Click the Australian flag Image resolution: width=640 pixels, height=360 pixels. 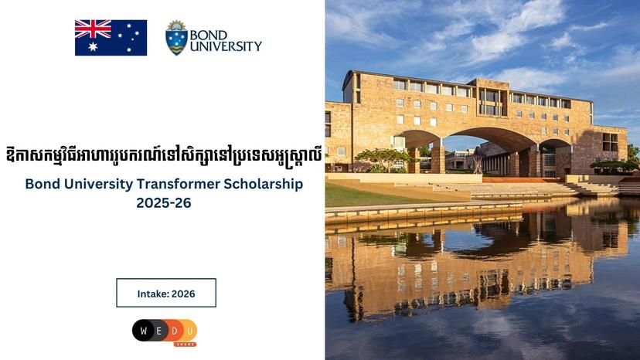(111, 38)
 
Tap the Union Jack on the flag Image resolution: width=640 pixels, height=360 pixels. (93, 29)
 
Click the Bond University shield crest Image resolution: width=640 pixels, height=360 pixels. (176, 38)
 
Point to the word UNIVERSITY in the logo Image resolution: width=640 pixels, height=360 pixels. (226, 46)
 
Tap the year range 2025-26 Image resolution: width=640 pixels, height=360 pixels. (163, 203)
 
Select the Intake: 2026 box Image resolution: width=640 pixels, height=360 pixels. (166, 293)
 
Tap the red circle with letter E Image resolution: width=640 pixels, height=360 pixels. (159, 331)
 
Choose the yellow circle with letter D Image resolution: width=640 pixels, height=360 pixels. (175, 331)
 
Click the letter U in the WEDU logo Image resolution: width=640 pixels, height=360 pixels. (189, 331)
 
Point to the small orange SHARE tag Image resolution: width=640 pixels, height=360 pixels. (185, 344)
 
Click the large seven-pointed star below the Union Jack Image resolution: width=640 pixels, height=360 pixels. (93, 47)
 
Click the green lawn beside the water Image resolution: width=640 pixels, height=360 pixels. (363, 193)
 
